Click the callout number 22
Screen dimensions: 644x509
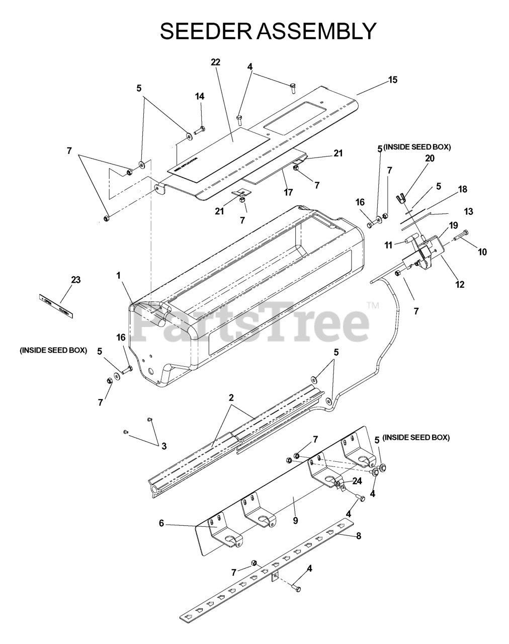(x=216, y=62)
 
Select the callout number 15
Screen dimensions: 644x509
(x=392, y=79)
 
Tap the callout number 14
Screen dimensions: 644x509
(x=200, y=96)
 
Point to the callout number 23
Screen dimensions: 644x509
(x=75, y=280)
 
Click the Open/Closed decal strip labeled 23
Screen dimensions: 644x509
(x=56, y=306)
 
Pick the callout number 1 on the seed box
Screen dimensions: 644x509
(x=119, y=275)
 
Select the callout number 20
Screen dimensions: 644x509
(x=430, y=158)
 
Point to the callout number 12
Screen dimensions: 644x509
(x=460, y=285)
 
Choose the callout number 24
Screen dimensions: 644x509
(x=357, y=481)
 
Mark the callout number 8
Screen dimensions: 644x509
(x=359, y=536)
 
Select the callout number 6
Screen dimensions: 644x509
(x=161, y=523)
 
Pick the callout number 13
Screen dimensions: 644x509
(x=468, y=211)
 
